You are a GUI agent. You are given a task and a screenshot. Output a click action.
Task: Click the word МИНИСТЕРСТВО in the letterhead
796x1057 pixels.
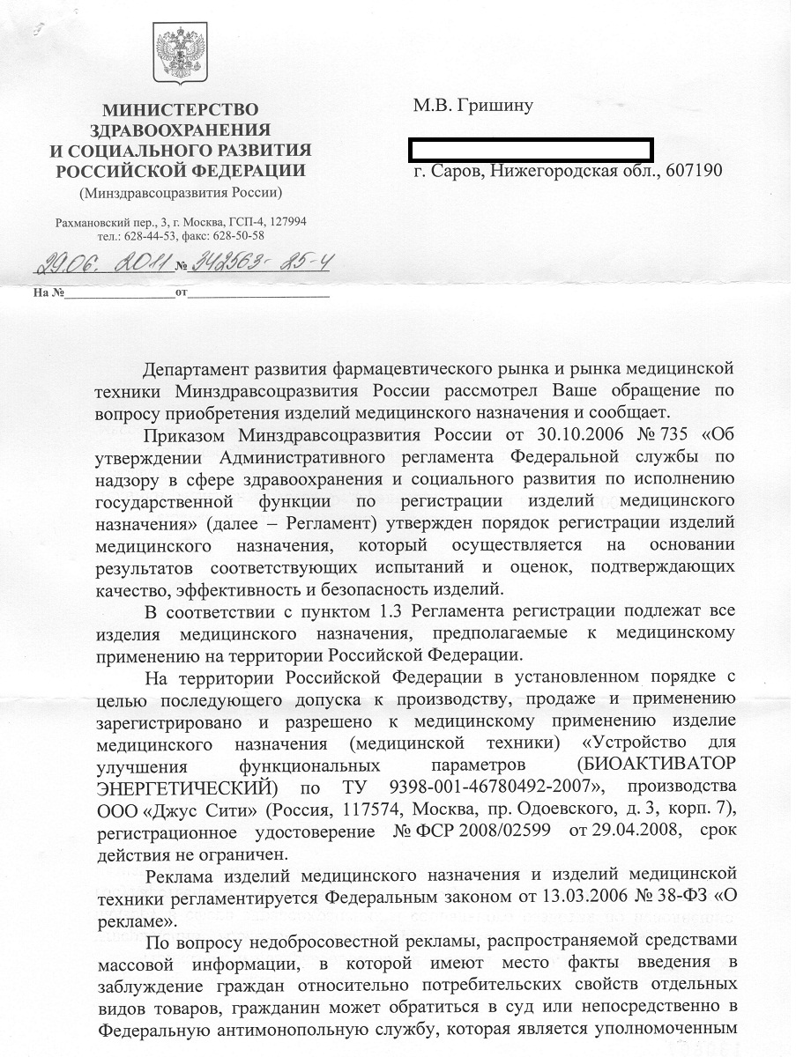coord(181,110)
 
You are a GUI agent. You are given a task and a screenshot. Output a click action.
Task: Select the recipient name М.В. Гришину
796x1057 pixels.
coord(473,106)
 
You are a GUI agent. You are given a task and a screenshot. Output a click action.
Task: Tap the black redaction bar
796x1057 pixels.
coord(532,149)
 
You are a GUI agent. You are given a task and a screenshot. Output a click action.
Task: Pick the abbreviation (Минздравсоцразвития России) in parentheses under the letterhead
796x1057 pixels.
coord(181,193)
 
